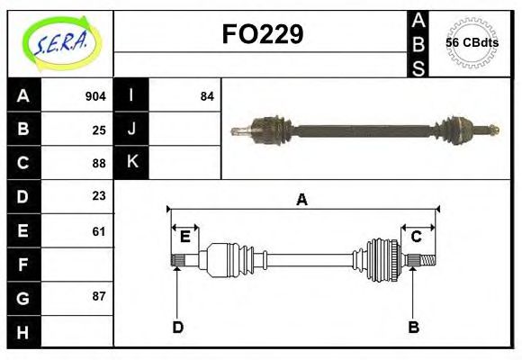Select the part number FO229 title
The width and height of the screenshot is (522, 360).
click(x=262, y=34)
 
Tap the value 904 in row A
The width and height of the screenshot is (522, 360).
click(x=95, y=96)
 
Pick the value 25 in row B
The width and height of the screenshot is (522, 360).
click(x=99, y=130)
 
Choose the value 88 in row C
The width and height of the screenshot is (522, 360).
click(x=99, y=163)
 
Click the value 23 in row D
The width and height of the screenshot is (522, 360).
click(x=99, y=196)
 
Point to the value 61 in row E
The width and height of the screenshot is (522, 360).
click(x=99, y=230)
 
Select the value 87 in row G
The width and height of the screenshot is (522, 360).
click(x=99, y=296)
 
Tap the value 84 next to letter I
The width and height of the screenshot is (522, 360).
click(x=207, y=96)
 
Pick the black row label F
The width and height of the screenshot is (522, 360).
click(x=23, y=265)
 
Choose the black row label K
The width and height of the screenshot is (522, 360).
click(x=131, y=162)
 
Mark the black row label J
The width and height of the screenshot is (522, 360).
click(x=131, y=130)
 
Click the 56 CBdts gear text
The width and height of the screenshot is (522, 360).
click(x=472, y=43)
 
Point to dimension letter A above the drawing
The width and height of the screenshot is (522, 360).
click(x=302, y=200)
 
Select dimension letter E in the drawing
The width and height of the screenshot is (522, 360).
click(x=185, y=237)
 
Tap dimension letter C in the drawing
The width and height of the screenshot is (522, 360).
click(x=417, y=237)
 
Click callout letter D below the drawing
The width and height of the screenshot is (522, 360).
click(x=177, y=327)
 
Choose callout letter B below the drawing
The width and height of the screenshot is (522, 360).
click(x=414, y=327)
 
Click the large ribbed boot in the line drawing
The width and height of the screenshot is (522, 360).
click(x=382, y=260)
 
